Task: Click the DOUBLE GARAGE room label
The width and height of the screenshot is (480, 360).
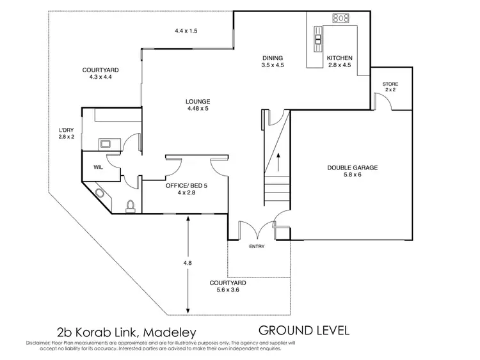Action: coord(353,168)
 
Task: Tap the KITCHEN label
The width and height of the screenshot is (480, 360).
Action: coord(339,58)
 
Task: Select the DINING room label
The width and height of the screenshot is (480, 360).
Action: coord(272,58)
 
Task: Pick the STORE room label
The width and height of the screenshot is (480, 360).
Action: coord(390,84)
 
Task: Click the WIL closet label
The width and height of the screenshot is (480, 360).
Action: coord(99,167)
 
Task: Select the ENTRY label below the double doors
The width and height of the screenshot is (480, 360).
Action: coord(257,246)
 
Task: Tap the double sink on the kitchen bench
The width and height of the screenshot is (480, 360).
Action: coord(317,41)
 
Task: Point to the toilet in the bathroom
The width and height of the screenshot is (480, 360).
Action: coord(131,205)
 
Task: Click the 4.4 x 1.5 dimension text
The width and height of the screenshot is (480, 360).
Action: coord(186,30)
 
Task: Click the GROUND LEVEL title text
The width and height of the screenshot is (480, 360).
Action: coord(303,331)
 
